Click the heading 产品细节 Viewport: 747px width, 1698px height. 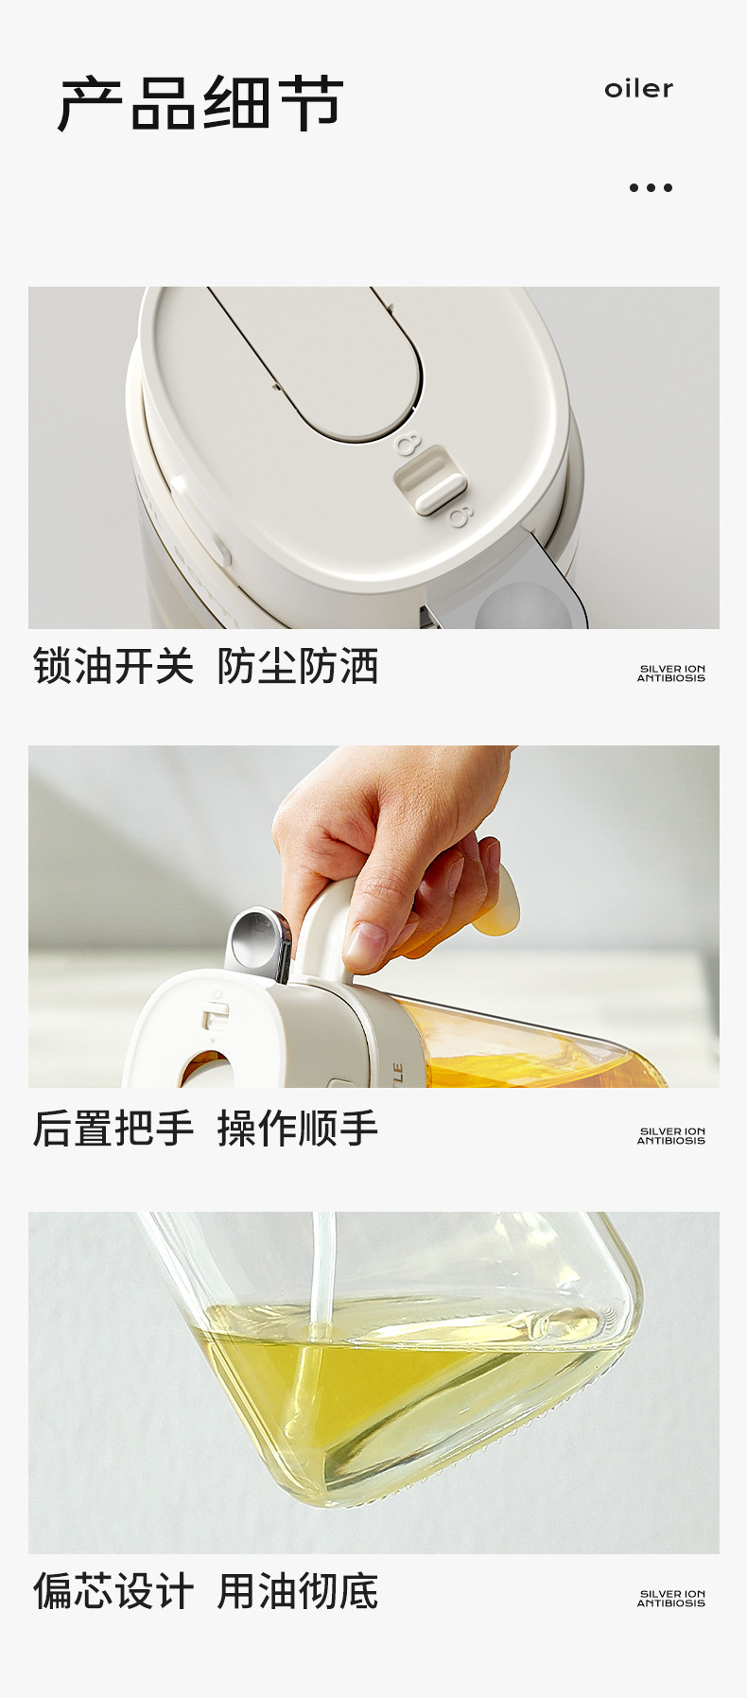pos(200,103)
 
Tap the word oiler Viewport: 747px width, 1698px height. pos(639,89)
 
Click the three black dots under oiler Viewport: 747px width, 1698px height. pos(651,187)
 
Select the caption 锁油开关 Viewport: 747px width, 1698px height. pos(113,666)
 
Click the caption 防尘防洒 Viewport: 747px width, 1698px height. pos(298,666)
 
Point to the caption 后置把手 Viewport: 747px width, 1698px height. pos(113,1128)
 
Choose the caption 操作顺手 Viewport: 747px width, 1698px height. pos(298,1128)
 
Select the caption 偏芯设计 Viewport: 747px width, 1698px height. pos(113,1591)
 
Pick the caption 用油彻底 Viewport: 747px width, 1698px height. pos(298,1591)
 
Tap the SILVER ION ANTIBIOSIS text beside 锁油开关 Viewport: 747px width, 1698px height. pos(671,674)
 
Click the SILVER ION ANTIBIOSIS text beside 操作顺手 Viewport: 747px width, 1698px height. pos(671,1136)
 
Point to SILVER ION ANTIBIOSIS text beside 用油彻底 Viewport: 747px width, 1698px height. pos(671,1599)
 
